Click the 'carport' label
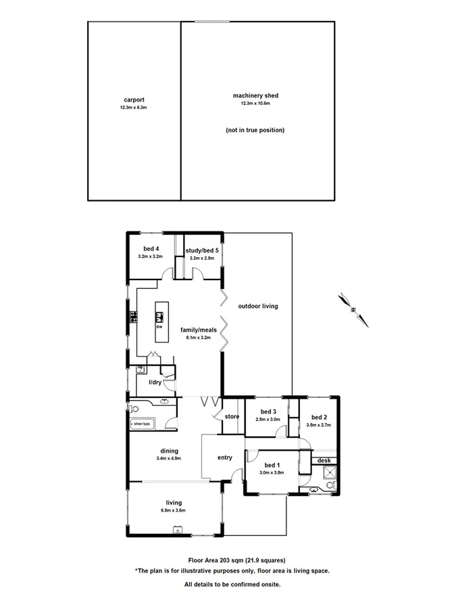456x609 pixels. tap(132, 99)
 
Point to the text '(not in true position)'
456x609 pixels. tap(255, 130)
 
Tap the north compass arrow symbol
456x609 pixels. tap(354, 309)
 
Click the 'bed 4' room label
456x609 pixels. tap(151, 249)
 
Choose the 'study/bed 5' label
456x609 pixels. tap(201, 250)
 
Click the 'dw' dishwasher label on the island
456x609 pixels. tap(159, 326)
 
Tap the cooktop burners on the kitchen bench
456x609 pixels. tap(134, 316)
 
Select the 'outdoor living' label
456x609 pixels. tap(258, 306)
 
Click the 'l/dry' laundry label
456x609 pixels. tap(155, 382)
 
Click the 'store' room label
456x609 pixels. tap(232, 416)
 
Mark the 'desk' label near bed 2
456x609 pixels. tap(325, 460)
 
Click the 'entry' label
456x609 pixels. tap(225, 457)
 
